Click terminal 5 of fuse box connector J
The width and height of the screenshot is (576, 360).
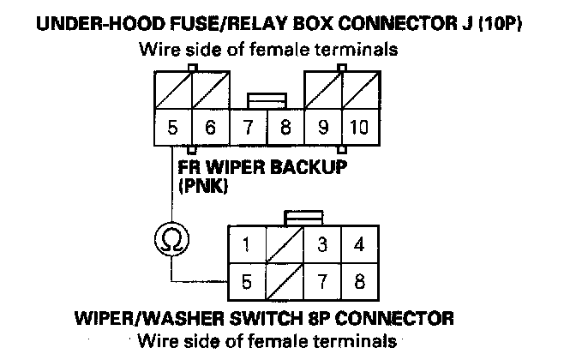pyautogui.click(x=172, y=130)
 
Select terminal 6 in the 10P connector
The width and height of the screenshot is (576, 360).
pyautogui.click(x=210, y=130)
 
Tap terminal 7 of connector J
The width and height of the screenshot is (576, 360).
pyautogui.click(x=249, y=130)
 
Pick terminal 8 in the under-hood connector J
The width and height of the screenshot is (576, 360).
pyautogui.click(x=285, y=130)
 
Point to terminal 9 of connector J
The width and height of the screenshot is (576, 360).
pyautogui.click(x=322, y=130)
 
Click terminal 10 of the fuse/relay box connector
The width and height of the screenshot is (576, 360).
pyautogui.click(x=358, y=130)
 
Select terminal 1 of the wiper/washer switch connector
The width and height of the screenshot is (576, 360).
pyautogui.click(x=246, y=245)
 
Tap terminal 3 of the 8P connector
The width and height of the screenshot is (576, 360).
pyautogui.click(x=321, y=245)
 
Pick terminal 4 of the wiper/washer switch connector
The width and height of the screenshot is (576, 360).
pyautogui.click(x=359, y=245)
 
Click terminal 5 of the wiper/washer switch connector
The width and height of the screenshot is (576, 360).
pyautogui.click(x=246, y=279)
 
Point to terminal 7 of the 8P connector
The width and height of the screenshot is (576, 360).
pyautogui.click(x=321, y=279)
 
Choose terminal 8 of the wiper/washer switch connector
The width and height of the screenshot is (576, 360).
pyautogui.click(x=359, y=279)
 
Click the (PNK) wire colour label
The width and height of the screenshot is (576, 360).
pyautogui.click(x=203, y=184)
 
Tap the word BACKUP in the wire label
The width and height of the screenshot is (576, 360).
pyautogui.click(x=306, y=167)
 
